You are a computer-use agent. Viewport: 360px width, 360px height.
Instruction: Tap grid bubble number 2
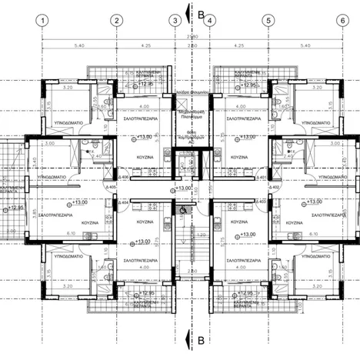115,20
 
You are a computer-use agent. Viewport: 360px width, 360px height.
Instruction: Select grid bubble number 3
175,20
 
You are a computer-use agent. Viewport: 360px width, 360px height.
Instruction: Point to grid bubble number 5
268,20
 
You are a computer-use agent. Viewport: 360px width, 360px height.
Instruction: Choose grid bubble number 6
342,20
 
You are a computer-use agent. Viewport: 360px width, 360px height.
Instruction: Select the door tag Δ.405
111,187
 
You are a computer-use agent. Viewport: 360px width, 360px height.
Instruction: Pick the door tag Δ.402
276,186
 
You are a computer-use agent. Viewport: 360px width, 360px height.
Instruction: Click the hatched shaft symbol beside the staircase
183,208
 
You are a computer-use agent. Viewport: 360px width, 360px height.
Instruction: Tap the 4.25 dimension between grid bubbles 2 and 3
145,46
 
